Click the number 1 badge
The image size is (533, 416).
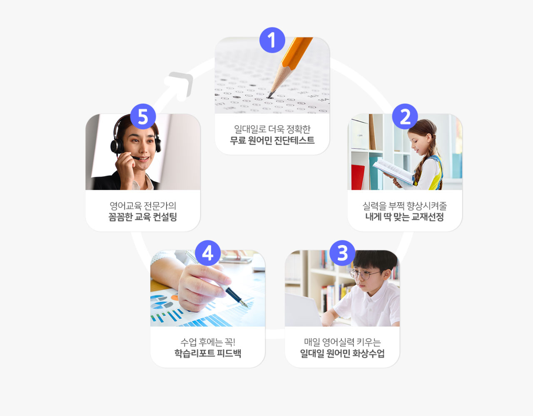pyautogui.click(x=272, y=40)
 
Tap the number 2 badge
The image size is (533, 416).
pyautogui.click(x=405, y=116)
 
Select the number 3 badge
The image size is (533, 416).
pyautogui.click(x=342, y=253)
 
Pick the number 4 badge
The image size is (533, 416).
pyautogui.click(x=208, y=253)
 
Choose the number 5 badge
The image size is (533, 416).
pyautogui.click(x=143, y=116)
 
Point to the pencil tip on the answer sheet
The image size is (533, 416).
pyautogui.click(x=270, y=96)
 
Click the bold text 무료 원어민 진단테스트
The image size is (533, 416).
pyautogui.click(x=272, y=140)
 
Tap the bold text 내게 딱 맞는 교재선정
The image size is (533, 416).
pyautogui.click(x=405, y=217)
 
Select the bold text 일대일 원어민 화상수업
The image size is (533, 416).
pyautogui.click(x=342, y=353)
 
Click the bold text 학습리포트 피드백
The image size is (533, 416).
pyautogui.click(x=208, y=353)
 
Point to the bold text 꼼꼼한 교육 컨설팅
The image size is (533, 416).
pyautogui.click(x=143, y=217)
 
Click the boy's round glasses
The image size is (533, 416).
pyautogui.click(x=364, y=274)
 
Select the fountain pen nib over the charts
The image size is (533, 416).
pyautogui.click(x=244, y=303)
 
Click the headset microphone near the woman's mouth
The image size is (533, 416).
pyautogui.click(x=135, y=158)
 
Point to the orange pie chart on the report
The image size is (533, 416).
pyautogui.click(x=174, y=297)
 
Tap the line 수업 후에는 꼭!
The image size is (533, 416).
pyautogui.click(x=208, y=342)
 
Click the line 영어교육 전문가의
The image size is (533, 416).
pyautogui.click(x=143, y=206)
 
